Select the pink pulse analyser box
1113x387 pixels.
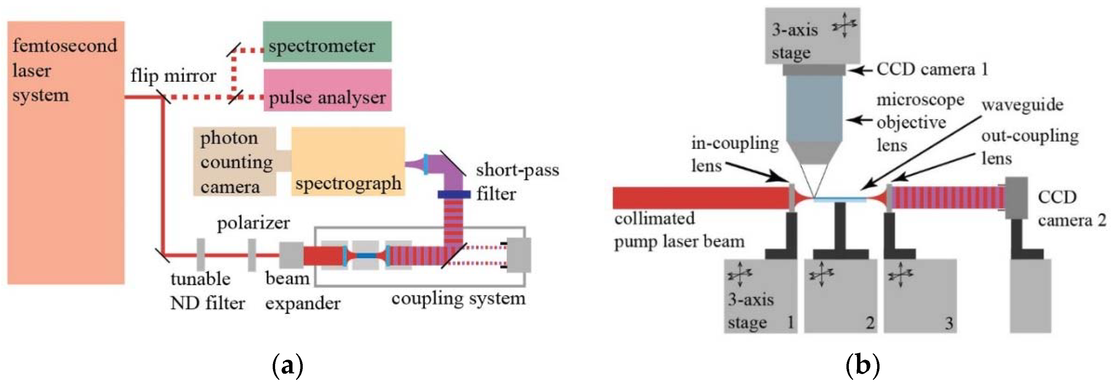327,91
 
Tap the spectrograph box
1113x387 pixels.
348,161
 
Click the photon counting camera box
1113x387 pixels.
234,162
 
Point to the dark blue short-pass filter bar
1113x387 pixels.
454,195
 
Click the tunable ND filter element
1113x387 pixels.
200,255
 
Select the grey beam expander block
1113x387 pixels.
291,255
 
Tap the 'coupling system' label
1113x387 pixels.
458,299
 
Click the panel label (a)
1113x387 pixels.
287,366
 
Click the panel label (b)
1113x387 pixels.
862,366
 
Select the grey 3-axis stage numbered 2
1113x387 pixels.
840,296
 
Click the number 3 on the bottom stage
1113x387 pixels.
949,323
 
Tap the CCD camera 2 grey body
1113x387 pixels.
1016,198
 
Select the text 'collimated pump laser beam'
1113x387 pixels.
678,230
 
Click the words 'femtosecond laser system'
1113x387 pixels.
65,70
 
